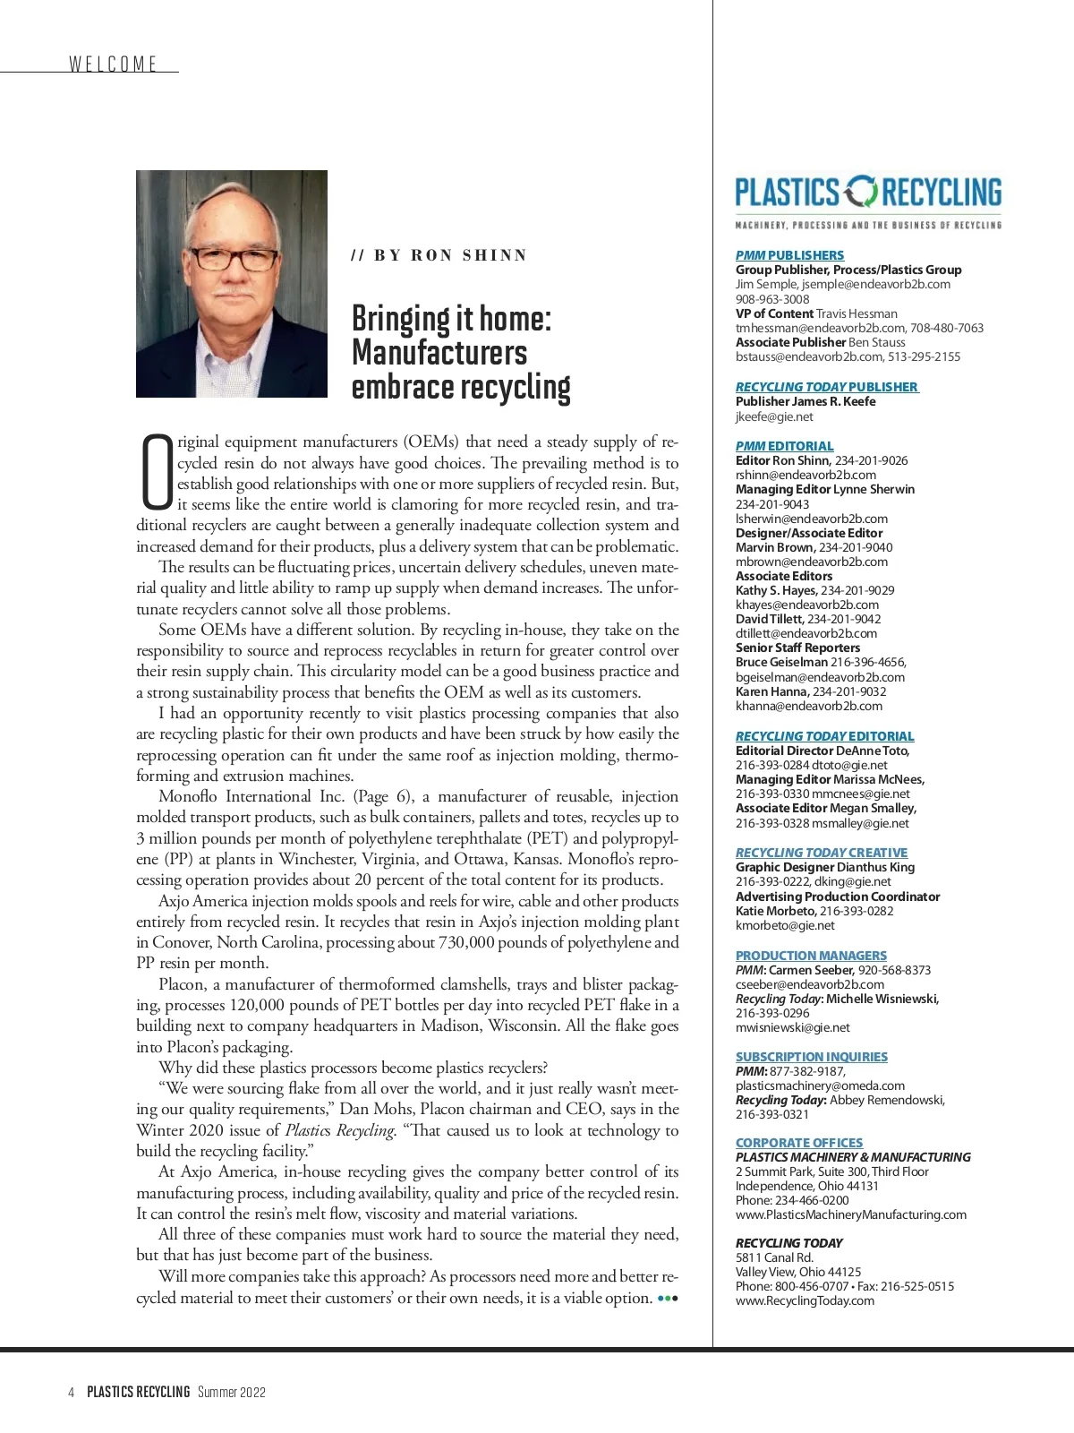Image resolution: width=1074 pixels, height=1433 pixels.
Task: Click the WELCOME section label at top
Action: click(x=113, y=64)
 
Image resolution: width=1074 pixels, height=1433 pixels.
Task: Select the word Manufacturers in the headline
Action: click(x=439, y=352)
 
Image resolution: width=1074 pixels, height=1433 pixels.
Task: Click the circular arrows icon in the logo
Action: click(x=863, y=193)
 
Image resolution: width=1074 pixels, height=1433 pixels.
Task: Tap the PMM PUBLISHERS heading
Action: click(x=789, y=255)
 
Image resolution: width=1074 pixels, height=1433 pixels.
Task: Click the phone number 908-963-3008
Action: click(x=772, y=299)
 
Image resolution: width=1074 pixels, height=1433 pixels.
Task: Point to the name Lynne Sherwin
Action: click(x=874, y=489)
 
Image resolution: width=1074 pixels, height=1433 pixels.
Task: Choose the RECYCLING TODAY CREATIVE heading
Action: click(x=821, y=853)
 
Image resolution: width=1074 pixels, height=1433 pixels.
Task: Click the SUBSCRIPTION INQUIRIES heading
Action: click(x=811, y=1057)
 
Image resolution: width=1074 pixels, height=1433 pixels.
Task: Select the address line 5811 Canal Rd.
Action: click(x=774, y=1257)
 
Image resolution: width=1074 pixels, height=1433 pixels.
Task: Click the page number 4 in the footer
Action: click(x=71, y=1392)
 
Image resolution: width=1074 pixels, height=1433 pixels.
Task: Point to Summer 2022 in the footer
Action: click(x=232, y=1392)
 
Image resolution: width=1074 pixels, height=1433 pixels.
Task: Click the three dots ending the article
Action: click(x=668, y=1298)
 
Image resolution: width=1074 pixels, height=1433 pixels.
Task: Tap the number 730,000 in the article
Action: click(x=474, y=942)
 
